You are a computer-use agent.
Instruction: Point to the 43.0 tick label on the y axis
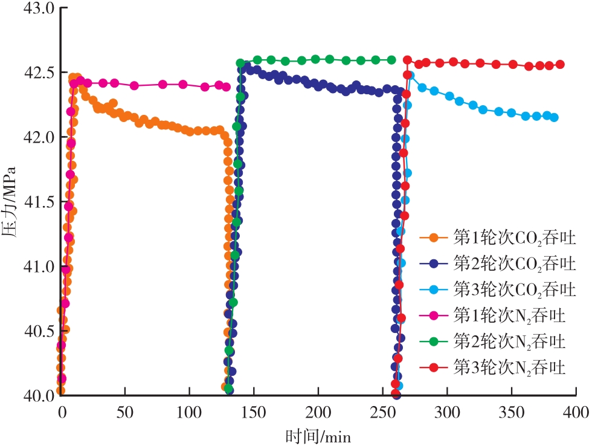point(38,8)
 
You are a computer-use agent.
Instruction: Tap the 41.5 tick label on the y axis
point(38,202)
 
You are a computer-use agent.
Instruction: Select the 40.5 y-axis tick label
point(38,331)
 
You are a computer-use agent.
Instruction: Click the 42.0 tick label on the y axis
point(38,137)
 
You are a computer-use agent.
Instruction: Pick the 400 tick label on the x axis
point(576,413)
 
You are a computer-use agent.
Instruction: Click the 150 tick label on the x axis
point(254,413)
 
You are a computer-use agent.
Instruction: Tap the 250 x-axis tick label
point(382,413)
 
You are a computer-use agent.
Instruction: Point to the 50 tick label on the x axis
point(125,413)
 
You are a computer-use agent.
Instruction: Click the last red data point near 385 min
point(560,64)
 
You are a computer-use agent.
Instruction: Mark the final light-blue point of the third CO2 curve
point(554,118)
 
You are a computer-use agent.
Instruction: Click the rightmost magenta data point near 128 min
point(227,87)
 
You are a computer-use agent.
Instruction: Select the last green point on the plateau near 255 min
point(391,60)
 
